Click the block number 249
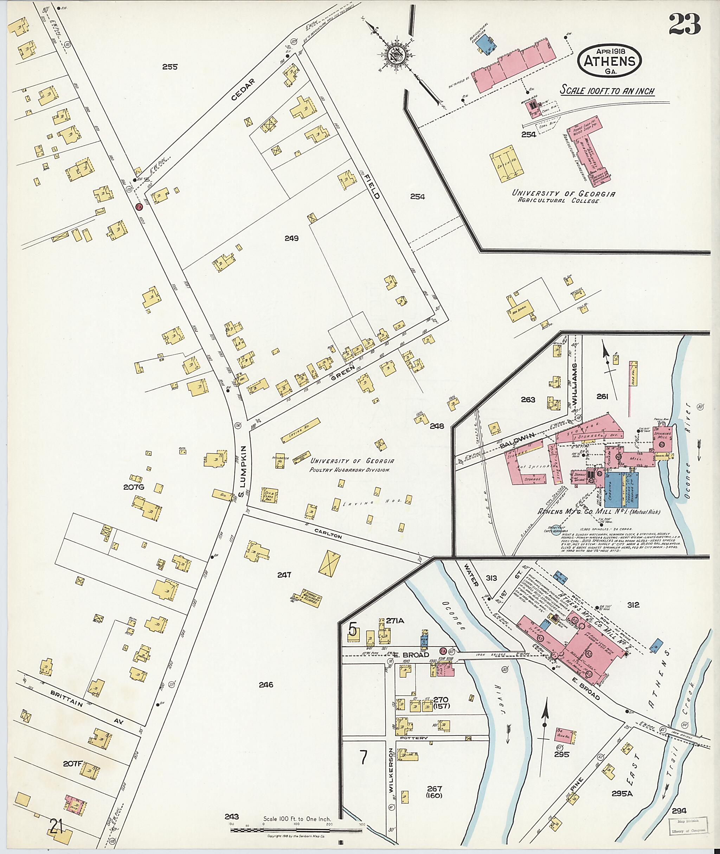[x=292, y=238]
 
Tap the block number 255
[x=170, y=67]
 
